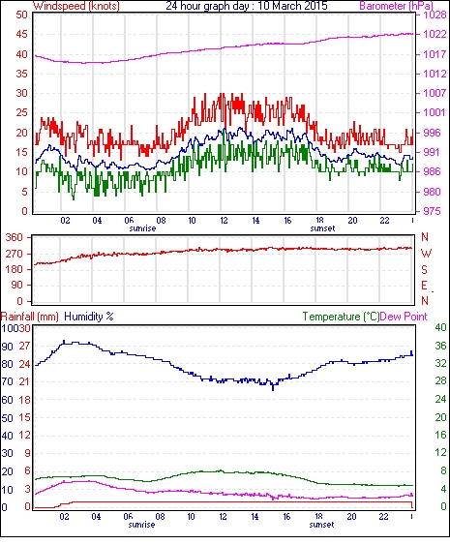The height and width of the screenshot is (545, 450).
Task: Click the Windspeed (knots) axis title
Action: [76, 6]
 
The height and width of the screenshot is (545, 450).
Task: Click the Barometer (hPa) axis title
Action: [397, 6]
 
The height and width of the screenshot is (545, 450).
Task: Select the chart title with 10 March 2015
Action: [247, 6]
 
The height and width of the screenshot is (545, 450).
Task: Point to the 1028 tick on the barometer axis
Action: [435, 15]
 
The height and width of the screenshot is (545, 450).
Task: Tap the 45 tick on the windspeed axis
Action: [21, 35]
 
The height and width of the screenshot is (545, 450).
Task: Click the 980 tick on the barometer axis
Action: [432, 192]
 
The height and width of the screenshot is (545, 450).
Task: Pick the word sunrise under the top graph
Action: [142, 228]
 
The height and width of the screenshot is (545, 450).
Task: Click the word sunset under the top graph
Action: [322, 228]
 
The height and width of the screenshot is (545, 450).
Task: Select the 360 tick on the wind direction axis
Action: [14, 238]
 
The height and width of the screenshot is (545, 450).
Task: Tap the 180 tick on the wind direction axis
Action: [14, 269]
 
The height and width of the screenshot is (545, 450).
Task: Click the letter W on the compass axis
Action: [426, 254]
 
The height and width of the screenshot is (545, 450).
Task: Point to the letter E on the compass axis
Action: [424, 286]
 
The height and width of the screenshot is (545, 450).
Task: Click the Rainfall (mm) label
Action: [30, 317]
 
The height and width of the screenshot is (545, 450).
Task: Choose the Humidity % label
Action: [89, 317]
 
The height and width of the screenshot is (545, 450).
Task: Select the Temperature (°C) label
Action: [341, 317]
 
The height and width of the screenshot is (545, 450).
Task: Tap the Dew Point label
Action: [404, 317]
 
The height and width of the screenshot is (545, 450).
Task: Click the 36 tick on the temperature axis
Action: [440, 346]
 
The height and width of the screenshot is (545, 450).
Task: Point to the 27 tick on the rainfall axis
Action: [24, 347]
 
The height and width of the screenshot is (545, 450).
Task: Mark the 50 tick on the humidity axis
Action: [8, 418]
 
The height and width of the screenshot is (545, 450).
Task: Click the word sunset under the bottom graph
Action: [322, 524]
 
